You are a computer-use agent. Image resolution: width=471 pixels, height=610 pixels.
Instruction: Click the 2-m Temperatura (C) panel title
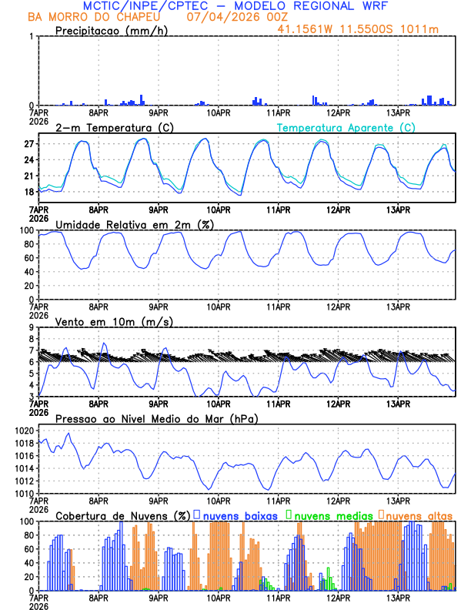(x=114, y=127)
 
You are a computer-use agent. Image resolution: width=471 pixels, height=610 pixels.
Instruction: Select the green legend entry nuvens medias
(x=332, y=514)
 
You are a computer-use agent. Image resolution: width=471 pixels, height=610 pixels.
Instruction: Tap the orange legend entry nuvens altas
(x=419, y=514)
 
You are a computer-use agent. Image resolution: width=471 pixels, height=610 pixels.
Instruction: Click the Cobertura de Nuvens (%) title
(x=123, y=514)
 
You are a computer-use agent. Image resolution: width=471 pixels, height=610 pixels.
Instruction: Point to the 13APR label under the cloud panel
(x=399, y=597)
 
